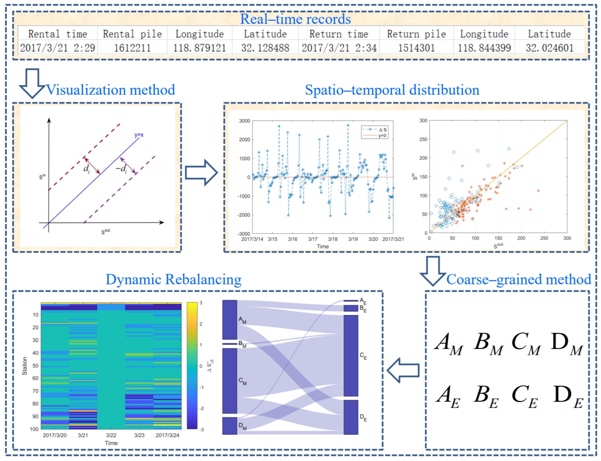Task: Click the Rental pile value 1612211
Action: tap(132, 48)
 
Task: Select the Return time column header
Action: tap(339, 34)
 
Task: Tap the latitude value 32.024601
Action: tap(549, 48)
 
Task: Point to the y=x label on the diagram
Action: tap(139, 135)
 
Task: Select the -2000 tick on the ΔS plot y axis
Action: tap(244, 215)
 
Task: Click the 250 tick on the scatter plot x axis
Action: tap(544, 238)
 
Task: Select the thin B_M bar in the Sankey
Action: tap(229, 344)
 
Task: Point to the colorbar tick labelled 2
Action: tap(201, 324)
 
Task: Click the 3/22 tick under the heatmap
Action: tap(111, 435)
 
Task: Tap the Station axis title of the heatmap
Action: tap(25, 366)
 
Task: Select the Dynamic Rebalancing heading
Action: tap(173, 280)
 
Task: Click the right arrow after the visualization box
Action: tap(201, 173)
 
